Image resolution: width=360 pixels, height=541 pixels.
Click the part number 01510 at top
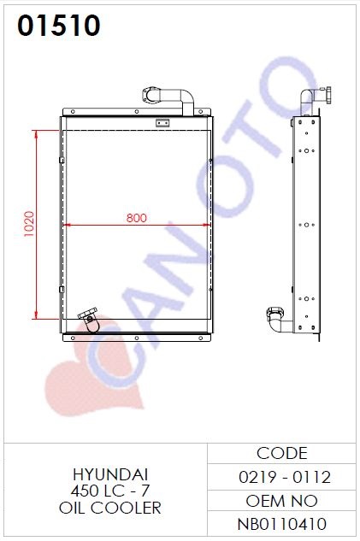tap(59, 25)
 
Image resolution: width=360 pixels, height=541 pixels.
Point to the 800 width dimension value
tap(136, 218)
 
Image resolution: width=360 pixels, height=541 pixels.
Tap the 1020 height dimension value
tap(29, 224)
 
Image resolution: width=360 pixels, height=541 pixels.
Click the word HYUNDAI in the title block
tap(110, 474)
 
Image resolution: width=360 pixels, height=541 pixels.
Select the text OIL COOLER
tap(110, 508)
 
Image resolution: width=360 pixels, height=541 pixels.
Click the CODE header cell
tap(281, 453)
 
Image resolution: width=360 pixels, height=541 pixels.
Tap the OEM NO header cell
tap(281, 501)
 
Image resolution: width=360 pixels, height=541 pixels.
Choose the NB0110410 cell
tap(281, 524)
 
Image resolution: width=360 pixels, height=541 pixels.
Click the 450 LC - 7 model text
tap(110, 491)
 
